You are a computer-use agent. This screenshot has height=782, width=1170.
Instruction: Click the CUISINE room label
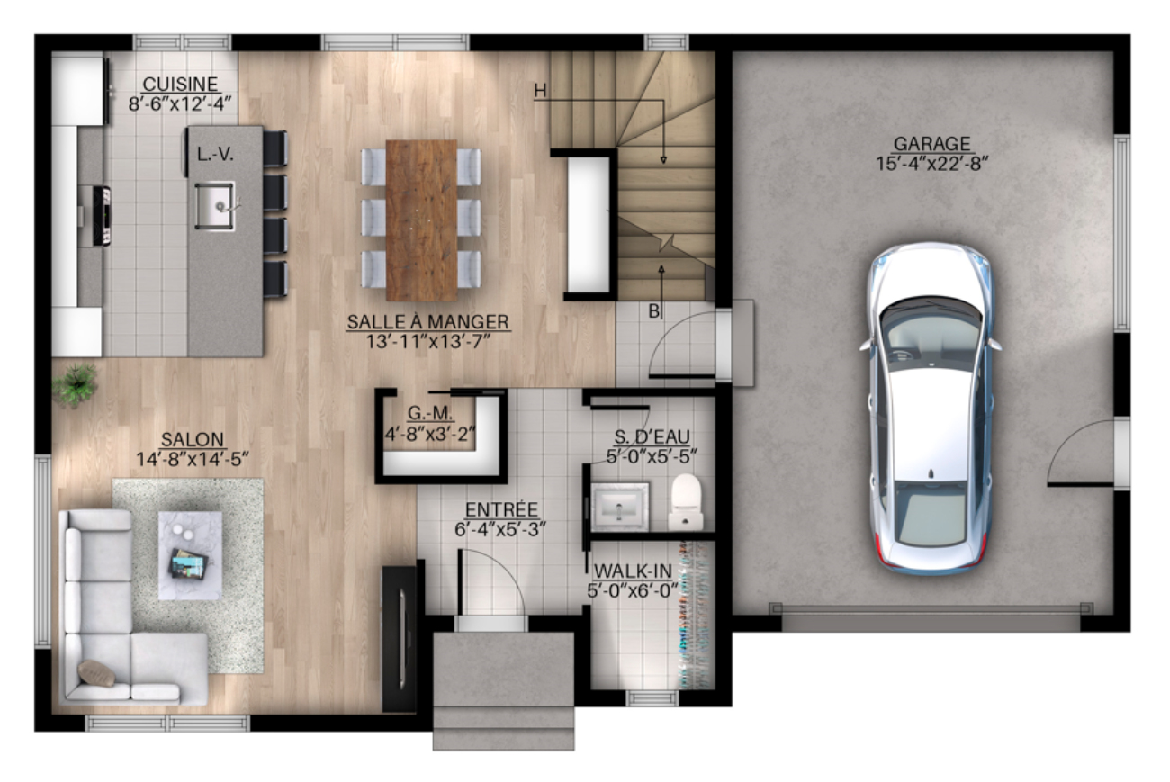[180, 84]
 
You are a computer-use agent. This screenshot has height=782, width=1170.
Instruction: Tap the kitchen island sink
[215, 206]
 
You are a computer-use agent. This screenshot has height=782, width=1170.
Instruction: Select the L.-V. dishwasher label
[215, 154]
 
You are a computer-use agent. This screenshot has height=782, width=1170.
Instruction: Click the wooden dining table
[421, 220]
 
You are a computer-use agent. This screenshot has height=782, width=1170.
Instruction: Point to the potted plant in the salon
[75, 385]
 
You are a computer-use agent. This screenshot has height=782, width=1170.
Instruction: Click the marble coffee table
[190, 555]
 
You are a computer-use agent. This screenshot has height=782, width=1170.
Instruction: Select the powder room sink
[620, 506]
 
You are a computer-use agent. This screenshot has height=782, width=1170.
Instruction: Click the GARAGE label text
[931, 144]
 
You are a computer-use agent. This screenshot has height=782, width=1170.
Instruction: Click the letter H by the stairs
[540, 91]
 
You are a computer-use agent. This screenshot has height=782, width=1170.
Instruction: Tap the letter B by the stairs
[654, 311]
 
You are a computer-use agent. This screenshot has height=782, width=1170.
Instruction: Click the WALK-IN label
[633, 571]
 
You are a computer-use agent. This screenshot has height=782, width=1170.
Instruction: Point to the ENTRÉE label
[501, 509]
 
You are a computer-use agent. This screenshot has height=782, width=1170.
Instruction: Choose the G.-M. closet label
[430, 413]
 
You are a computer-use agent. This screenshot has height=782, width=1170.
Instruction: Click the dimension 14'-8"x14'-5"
[193, 459]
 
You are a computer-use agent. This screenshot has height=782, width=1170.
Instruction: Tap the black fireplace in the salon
[400, 638]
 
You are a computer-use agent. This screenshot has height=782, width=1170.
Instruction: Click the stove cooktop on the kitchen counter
[102, 216]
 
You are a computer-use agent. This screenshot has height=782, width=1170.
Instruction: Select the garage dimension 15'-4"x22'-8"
[931, 164]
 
